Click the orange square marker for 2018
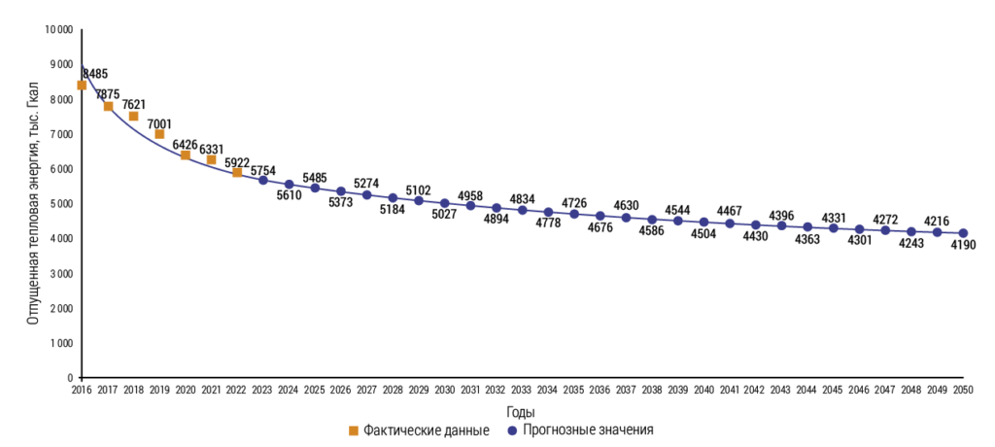point(134,117)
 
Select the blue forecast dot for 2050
point(963,233)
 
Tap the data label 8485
point(95,73)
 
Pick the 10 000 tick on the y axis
point(59,30)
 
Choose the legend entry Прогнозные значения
point(580,429)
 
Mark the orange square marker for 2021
point(211,159)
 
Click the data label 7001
point(160,123)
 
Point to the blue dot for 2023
point(263,180)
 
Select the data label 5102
point(419,189)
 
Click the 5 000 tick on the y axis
point(62,204)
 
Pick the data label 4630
point(626,205)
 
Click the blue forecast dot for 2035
point(574,214)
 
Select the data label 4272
point(885,220)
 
